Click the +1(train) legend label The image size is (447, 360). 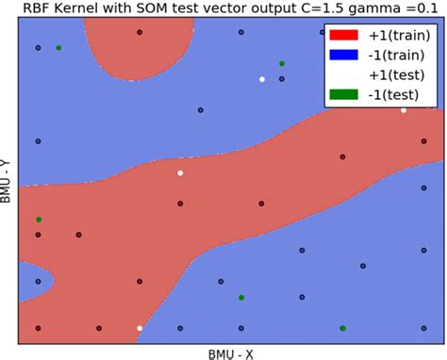tap(397, 35)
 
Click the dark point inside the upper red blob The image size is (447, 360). tap(140, 33)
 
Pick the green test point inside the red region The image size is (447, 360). tap(39, 220)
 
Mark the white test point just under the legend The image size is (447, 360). tap(404, 110)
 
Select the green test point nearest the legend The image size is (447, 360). tap(282, 63)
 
